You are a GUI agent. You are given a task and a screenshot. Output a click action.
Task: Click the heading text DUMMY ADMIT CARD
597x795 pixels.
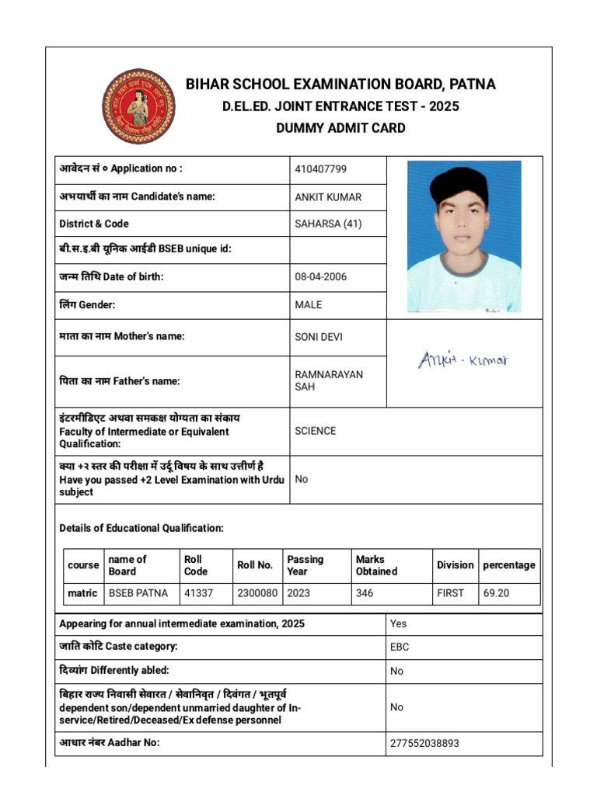[340, 128]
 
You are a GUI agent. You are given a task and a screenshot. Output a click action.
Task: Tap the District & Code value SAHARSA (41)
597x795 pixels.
[328, 224]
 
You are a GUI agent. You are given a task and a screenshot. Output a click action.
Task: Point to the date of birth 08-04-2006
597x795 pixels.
[321, 277]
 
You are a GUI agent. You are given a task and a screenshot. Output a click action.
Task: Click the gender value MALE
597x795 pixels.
[309, 305]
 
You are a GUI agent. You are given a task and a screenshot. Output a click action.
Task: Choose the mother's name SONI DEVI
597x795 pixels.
[319, 337]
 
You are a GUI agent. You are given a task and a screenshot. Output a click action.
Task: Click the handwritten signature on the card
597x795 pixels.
[463, 359]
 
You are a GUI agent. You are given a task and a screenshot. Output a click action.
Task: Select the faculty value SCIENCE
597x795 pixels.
[316, 431]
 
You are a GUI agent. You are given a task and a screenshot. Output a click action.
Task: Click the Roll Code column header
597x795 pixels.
[195, 565]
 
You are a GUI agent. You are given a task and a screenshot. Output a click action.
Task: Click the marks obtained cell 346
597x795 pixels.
[365, 593]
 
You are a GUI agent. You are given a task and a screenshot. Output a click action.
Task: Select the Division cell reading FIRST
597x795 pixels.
[450, 593]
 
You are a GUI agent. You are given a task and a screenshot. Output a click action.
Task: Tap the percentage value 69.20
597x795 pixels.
[496, 593]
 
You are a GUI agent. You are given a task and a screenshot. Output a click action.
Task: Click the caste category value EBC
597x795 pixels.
[400, 647]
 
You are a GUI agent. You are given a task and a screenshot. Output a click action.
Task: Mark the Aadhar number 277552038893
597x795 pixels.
[424, 743]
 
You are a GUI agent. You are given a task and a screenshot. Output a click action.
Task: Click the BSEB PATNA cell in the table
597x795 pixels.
[138, 593]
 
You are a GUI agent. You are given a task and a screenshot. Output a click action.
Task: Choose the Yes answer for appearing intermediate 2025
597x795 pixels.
[398, 623]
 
